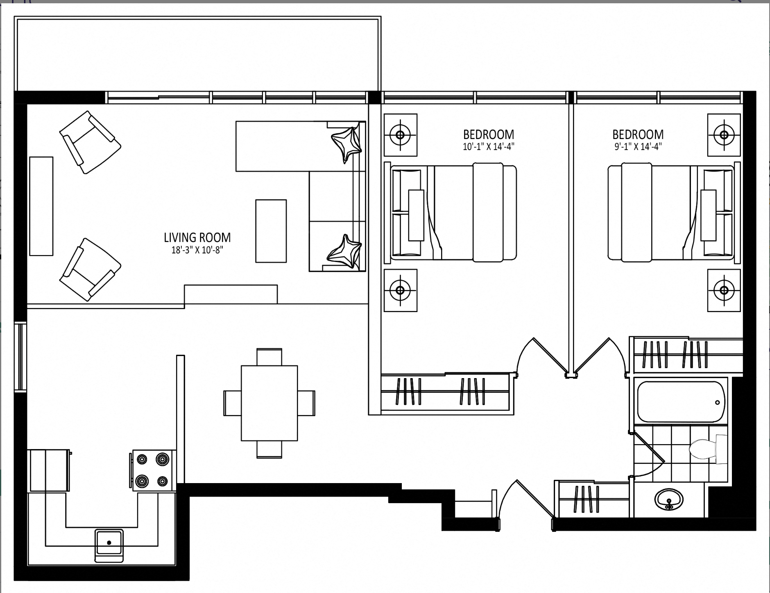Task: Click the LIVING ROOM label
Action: pos(197,237)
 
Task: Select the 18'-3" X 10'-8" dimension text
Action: pos(197,250)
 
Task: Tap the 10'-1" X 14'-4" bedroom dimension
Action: pos(489,147)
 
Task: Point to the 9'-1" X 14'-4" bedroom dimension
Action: pos(638,147)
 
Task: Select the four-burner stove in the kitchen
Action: pos(152,470)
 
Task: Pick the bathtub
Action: pos(681,401)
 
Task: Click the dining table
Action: pos(269,403)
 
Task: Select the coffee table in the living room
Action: pos(271,231)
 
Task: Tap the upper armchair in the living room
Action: pos(90,142)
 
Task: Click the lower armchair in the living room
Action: pos(90,269)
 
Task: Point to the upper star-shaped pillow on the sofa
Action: pos(347,145)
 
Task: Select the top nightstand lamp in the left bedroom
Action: pos(401,135)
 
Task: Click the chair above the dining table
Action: pos(269,357)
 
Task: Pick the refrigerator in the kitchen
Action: pos(48,470)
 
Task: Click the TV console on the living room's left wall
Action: pos(41,206)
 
